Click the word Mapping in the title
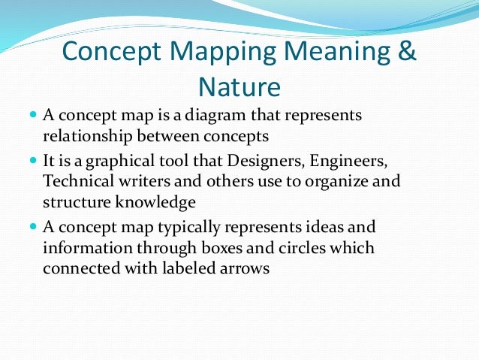click(214, 53)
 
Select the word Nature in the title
click(239, 87)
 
